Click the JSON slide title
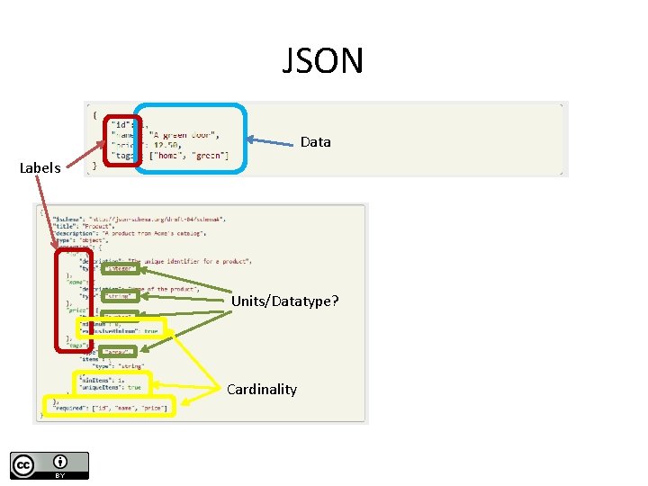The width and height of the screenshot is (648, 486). (x=323, y=61)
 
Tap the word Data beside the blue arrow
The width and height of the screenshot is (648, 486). (x=315, y=142)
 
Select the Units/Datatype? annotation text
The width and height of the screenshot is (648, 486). (x=285, y=301)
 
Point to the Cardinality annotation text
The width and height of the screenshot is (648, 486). (x=261, y=390)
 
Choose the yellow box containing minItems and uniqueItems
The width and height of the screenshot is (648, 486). (x=113, y=382)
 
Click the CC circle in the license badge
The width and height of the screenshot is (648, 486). (x=22, y=464)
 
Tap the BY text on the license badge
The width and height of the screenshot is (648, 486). (x=60, y=475)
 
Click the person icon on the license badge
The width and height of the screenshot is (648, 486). (x=60, y=461)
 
